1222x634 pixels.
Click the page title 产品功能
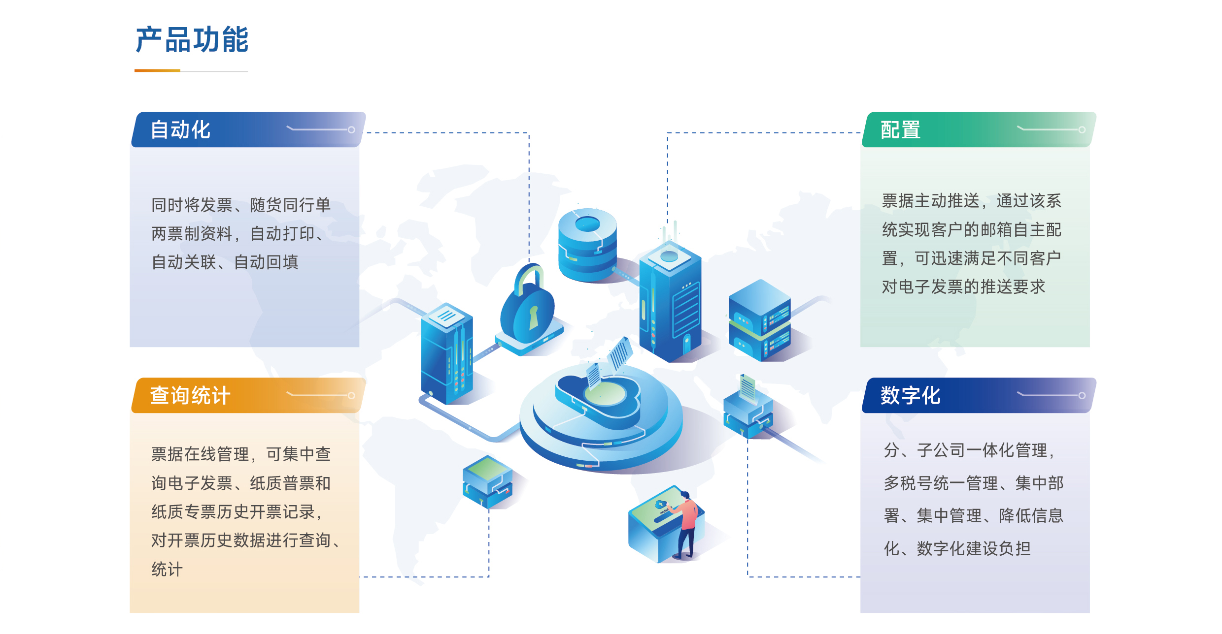tap(192, 40)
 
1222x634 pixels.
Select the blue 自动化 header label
tap(180, 130)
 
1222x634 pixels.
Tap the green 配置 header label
tap(900, 130)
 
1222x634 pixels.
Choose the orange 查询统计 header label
tap(190, 395)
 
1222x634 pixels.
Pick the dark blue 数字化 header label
tap(911, 395)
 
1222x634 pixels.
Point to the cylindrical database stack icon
tap(587, 245)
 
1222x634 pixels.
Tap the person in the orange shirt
tap(687, 525)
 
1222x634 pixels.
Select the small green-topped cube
tap(487, 481)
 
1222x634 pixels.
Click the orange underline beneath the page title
tap(157, 70)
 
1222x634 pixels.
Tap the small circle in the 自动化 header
tap(351, 130)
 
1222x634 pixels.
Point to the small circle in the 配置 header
tap(1082, 130)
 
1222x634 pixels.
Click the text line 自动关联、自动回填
tap(225, 262)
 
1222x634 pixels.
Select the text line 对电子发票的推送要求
tap(963, 286)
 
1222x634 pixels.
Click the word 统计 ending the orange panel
tap(167, 569)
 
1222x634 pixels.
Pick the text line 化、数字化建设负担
tap(957, 548)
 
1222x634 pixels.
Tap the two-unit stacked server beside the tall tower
tap(759, 320)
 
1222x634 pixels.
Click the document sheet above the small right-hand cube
tap(747, 388)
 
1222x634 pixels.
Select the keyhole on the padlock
tap(534, 317)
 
